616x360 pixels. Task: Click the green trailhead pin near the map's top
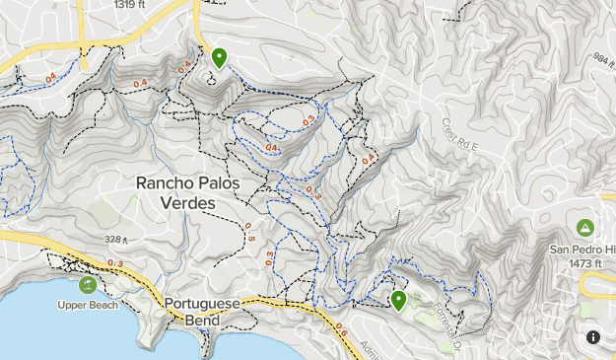point(218,58)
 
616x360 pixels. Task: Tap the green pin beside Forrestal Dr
point(399,300)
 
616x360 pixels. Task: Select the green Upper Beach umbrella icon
point(88,285)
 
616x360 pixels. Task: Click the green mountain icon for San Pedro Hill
point(584,228)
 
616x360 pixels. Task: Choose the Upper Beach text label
point(88,305)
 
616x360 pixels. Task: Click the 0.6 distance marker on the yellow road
point(341,332)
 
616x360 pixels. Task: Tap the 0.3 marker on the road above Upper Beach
point(115,263)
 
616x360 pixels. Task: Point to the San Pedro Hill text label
point(582,250)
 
